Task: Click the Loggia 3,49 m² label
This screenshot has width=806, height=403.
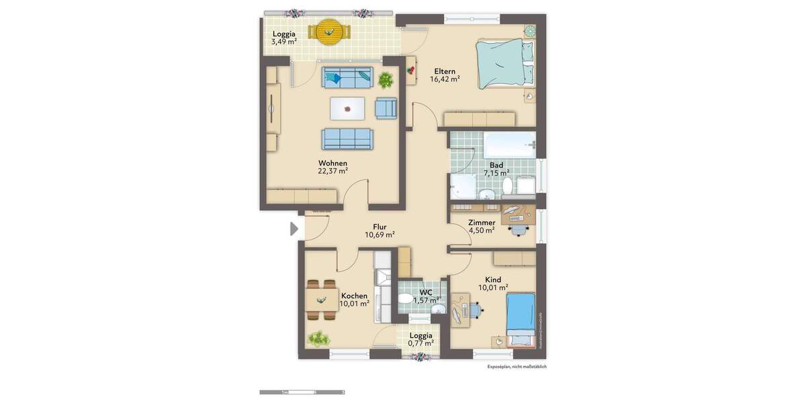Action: click(x=283, y=38)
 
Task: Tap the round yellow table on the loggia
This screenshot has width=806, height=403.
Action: click(x=329, y=30)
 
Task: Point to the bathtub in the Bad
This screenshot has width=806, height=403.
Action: click(x=510, y=144)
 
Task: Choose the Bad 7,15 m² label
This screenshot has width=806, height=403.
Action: click(x=496, y=169)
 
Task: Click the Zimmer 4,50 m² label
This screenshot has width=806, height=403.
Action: click(x=482, y=226)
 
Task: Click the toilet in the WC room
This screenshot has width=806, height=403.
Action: click(x=407, y=298)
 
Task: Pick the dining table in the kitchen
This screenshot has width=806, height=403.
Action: click(x=322, y=298)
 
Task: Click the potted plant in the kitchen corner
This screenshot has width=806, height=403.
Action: click(x=318, y=339)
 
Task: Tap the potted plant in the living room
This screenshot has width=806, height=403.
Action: click(x=386, y=81)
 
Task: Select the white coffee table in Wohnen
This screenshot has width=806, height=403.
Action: click(x=347, y=107)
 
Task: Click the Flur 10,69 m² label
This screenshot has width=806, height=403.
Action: click(x=379, y=231)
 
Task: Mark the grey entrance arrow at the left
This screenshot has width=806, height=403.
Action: click(x=294, y=229)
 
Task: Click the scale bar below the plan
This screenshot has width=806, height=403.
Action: click(x=302, y=392)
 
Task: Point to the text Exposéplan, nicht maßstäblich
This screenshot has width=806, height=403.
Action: click(x=517, y=367)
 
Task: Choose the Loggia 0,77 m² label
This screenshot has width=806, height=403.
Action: click(x=421, y=339)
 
